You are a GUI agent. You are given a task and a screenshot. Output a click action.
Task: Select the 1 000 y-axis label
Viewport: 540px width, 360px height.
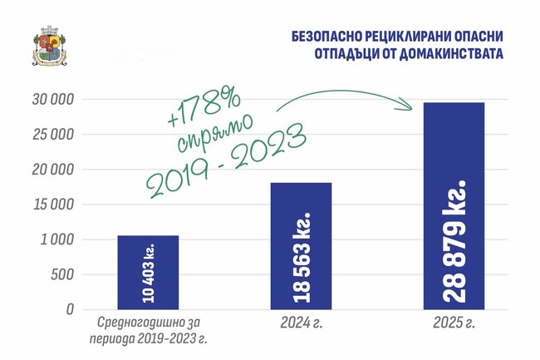pos(58,239)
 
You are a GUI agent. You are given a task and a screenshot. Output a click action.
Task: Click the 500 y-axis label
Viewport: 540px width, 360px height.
pos(63,274)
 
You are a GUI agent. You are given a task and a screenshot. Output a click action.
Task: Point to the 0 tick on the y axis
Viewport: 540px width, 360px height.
pos(71,309)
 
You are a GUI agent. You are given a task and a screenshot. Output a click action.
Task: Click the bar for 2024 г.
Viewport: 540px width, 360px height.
pos(301,245)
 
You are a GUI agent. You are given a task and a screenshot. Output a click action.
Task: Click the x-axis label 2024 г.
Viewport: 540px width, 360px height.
pos(301,319)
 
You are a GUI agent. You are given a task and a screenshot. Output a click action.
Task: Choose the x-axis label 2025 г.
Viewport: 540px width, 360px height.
pos(454,319)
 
